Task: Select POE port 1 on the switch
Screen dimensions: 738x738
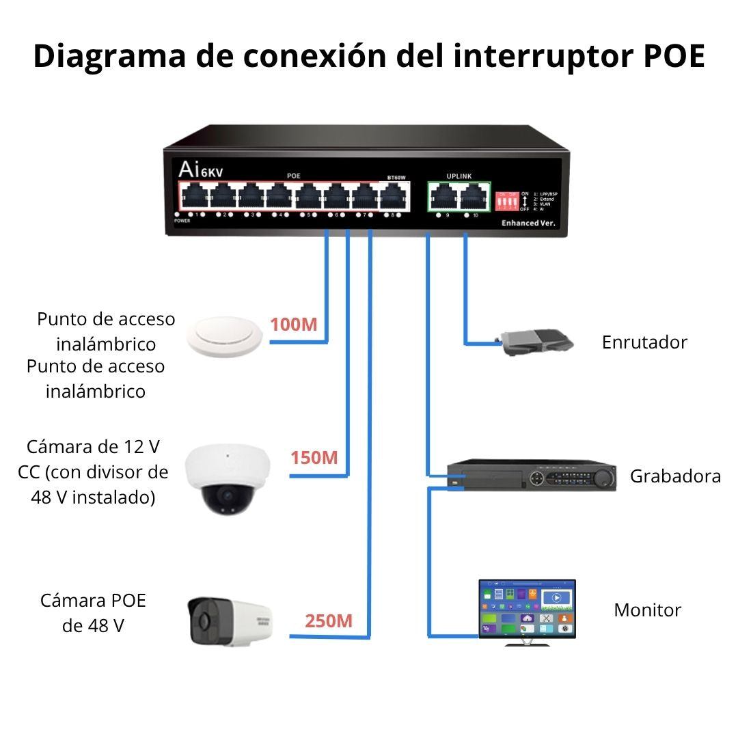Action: [x=193, y=197]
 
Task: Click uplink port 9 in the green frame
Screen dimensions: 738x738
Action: [x=443, y=197]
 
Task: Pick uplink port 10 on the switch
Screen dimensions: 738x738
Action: [x=473, y=197]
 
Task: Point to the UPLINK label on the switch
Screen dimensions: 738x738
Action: [x=459, y=176]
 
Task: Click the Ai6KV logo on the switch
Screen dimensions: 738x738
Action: [x=196, y=169]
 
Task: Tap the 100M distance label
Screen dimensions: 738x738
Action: [x=293, y=325]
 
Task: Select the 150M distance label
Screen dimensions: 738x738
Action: [x=314, y=458]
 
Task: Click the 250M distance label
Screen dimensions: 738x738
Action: [x=329, y=621]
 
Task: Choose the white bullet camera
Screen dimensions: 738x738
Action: [x=229, y=620]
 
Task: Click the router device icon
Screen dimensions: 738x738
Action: [x=535, y=342]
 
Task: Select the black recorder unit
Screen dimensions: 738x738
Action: [x=532, y=476]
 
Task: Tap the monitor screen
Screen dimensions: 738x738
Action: [x=527, y=608]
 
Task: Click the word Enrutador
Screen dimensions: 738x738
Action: [x=644, y=342]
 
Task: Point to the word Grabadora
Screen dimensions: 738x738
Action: [x=675, y=476]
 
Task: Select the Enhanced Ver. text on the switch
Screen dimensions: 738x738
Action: [x=529, y=223]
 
